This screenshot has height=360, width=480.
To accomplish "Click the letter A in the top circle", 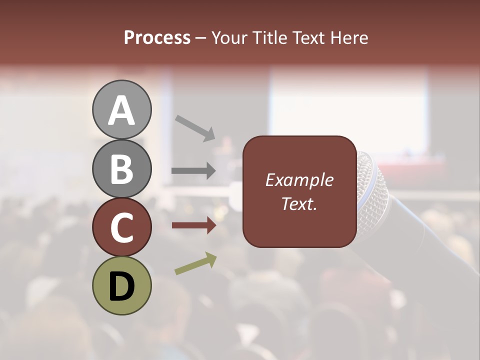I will (121, 110).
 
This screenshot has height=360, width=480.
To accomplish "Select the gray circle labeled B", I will (121, 168).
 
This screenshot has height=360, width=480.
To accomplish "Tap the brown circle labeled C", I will (121, 227).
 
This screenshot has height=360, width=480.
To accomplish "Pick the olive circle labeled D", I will (121, 285).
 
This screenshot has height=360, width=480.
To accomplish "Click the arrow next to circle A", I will (195, 127).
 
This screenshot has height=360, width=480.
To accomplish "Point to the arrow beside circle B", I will (193, 170).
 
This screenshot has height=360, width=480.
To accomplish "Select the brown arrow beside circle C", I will (193, 225).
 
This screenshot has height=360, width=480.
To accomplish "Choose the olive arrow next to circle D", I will (195, 263).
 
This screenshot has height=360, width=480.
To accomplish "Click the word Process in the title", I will (157, 38).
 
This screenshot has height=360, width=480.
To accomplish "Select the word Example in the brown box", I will (299, 180).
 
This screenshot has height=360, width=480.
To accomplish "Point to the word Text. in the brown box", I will (299, 203).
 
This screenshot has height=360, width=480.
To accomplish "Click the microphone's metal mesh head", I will (369, 185).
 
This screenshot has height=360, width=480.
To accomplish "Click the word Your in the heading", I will (229, 38).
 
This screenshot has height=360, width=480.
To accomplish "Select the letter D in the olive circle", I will (121, 286).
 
